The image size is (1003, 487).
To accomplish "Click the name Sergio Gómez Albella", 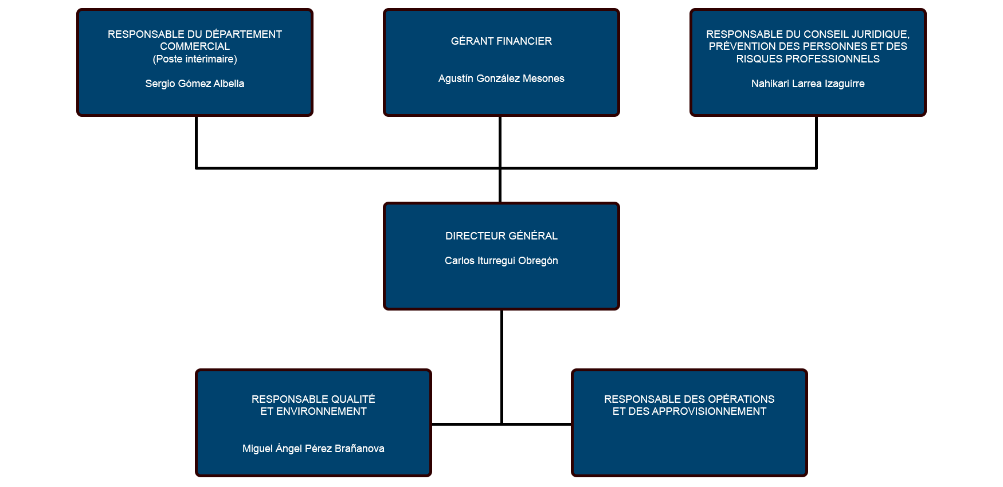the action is click(x=195, y=84).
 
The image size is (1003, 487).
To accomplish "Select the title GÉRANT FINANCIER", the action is click(x=502, y=41).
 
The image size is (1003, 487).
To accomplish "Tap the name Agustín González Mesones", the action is click(x=502, y=78).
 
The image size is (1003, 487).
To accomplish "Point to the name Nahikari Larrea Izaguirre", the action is click(x=808, y=84).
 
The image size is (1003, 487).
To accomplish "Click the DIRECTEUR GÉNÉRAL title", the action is click(x=502, y=236).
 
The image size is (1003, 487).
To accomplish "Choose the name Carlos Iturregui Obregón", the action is click(x=502, y=261).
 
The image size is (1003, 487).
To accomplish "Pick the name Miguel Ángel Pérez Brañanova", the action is click(x=314, y=448).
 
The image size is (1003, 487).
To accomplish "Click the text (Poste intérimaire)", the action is click(x=195, y=59).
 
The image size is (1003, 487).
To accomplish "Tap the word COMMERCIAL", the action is click(x=195, y=46).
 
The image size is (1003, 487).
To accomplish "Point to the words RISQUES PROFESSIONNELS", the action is click(x=808, y=59).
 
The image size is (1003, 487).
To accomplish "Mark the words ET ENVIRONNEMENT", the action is click(x=314, y=411).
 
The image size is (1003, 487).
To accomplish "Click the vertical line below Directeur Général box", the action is click(x=502, y=367).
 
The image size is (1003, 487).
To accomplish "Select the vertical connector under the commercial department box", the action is click(x=196, y=142).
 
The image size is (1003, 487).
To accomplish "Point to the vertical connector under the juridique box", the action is click(x=816, y=142).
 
